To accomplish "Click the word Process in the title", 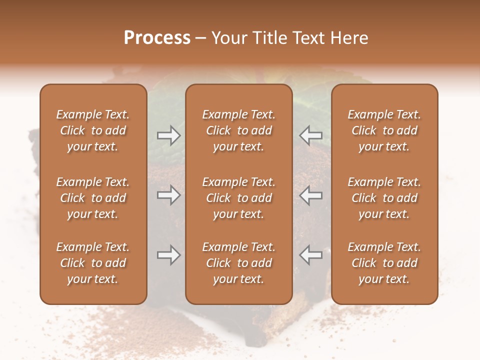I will point(157,38).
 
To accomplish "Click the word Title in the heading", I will point(273,38).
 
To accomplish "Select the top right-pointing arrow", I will point(168,135).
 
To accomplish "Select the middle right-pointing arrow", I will point(168,195).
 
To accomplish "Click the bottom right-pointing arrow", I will point(168,255).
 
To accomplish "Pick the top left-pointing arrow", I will point(311,135).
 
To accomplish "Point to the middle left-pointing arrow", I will point(311,195).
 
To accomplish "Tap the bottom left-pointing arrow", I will point(311,255).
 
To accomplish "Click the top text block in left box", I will point(93,130).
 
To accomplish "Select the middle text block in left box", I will point(93,198).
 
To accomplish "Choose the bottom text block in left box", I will point(93,263).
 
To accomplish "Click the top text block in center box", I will point(238,130).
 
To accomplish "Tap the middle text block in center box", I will point(238,198).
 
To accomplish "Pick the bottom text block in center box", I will point(238,263).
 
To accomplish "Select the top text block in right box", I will point(384,130).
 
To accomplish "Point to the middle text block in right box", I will point(384,198).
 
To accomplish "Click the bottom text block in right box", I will point(384,263).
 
